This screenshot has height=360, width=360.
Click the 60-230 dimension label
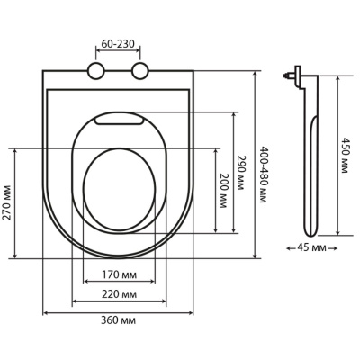click(x=117, y=44)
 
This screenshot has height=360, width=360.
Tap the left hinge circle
click(x=95, y=71)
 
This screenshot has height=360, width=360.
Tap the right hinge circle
click(x=139, y=71)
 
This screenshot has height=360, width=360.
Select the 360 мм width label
click(x=118, y=320)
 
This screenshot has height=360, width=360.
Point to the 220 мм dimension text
click(x=119, y=294)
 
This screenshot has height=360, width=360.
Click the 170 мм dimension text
click(x=119, y=274)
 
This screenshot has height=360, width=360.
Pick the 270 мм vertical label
click(x=8, y=202)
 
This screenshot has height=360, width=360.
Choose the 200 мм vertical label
click(x=224, y=191)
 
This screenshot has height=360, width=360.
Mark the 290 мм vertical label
click(x=241, y=173)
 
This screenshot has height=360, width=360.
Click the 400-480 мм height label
click(x=263, y=175)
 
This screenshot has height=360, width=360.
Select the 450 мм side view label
click(x=345, y=156)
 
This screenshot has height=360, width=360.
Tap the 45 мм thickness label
click(x=311, y=247)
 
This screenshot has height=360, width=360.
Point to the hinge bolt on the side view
click(x=288, y=75)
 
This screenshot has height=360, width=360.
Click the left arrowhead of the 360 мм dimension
click(x=45, y=313)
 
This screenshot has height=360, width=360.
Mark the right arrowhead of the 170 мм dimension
click(x=153, y=281)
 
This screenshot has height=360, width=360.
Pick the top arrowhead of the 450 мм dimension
click(x=337, y=78)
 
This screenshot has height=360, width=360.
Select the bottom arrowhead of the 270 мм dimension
click(x=15, y=256)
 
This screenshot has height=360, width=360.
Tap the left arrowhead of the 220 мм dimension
click(x=75, y=301)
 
